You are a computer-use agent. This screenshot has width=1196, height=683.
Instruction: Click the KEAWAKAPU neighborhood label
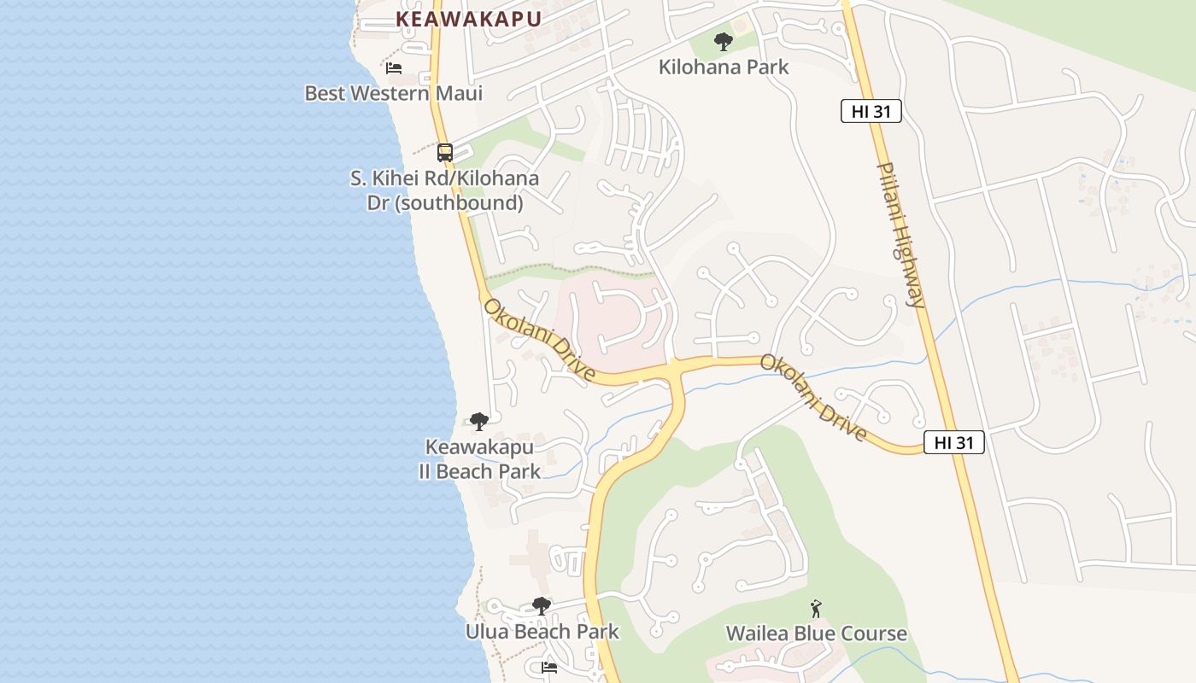(468, 19)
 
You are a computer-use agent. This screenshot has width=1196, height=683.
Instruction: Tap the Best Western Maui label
(393, 93)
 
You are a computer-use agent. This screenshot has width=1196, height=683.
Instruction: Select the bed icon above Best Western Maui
(394, 67)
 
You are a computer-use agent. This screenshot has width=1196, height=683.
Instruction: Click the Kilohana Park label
(724, 67)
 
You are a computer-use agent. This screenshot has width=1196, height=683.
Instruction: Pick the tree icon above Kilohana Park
(724, 41)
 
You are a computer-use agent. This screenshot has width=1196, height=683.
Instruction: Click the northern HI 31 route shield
(871, 111)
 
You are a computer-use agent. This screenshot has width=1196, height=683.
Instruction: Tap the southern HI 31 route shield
(953, 442)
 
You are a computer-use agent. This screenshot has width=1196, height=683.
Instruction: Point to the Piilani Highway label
(902, 235)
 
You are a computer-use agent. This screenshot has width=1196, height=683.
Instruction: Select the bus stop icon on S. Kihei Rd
(445, 153)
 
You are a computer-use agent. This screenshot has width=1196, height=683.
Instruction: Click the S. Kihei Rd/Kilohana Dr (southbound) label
(444, 190)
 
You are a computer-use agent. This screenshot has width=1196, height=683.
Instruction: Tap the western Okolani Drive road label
(539, 340)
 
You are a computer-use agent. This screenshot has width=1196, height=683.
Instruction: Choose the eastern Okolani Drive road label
(813, 398)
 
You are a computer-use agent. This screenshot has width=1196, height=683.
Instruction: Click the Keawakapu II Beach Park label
(479, 459)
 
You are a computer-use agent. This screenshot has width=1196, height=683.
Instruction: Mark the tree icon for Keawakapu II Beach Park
(479, 421)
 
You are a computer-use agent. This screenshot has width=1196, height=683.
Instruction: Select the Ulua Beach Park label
(542, 632)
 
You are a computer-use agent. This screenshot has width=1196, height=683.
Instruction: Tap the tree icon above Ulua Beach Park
(541, 606)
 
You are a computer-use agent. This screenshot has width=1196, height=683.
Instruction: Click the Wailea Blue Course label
(816, 633)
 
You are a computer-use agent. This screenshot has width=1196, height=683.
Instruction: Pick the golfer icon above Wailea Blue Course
(816, 609)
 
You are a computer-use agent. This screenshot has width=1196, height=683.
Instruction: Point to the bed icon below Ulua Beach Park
(549, 668)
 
